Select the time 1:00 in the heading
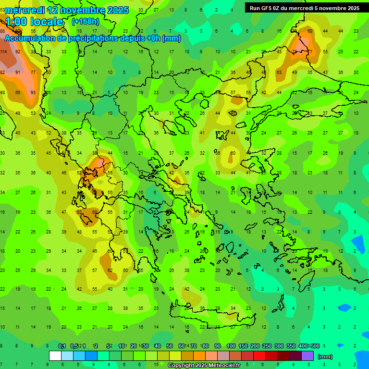15,22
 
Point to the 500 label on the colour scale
315,346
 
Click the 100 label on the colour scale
231,346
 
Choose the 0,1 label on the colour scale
62,346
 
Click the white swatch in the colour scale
55,356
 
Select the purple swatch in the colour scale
307,356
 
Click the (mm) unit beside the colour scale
325,357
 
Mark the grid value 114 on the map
3,51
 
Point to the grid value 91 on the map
18,72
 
